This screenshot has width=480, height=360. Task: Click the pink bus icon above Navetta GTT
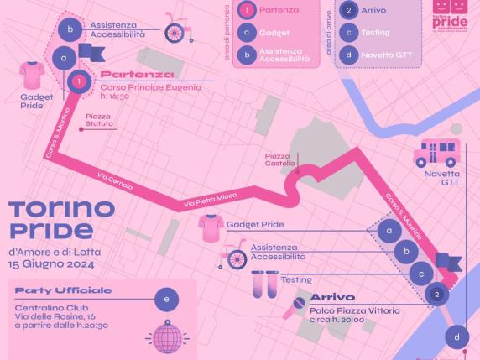click(x=436, y=154)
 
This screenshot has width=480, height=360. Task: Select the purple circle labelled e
click(x=166, y=300)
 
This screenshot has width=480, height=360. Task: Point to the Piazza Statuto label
click(x=98, y=120)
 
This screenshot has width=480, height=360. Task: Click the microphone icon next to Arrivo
click(x=295, y=307)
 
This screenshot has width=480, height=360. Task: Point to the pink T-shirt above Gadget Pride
click(x=33, y=76)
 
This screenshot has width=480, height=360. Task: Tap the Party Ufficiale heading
click(x=63, y=291)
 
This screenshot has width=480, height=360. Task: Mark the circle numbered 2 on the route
click(x=436, y=295)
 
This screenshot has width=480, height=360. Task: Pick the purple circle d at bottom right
click(x=457, y=337)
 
